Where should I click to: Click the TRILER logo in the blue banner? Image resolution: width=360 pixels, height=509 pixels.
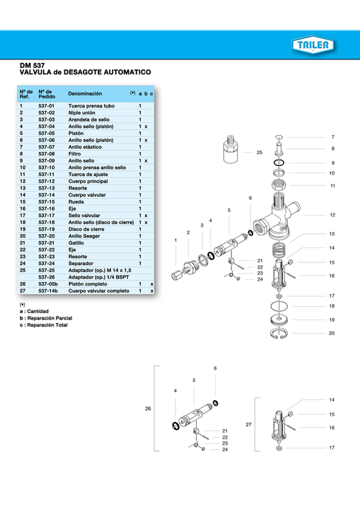[313, 45]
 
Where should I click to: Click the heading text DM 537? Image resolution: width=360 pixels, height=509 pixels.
[32, 66]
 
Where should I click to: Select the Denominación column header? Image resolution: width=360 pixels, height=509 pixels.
[85, 93]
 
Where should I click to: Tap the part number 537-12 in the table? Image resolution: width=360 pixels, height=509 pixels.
[47, 181]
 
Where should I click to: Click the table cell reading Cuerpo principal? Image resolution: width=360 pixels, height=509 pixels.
[88, 181]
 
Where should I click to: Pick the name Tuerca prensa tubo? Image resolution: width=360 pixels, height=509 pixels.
[91, 106]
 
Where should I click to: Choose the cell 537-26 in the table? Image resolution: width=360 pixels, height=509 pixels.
[47, 277]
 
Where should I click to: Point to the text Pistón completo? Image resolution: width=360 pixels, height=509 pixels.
[88, 284]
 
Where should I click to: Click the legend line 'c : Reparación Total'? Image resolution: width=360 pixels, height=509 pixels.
[44, 325]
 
